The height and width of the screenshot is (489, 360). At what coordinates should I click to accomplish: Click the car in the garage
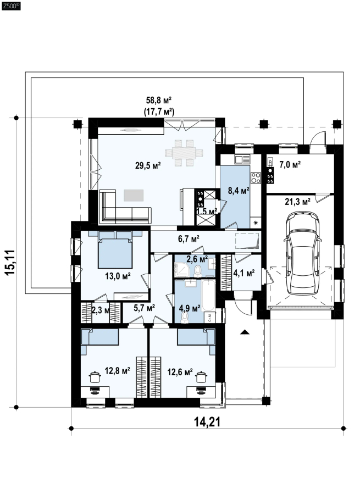click(x=302, y=253)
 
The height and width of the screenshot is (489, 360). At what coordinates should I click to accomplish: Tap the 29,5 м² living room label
click(x=148, y=165)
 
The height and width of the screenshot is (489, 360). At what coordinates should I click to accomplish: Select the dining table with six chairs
click(x=184, y=153)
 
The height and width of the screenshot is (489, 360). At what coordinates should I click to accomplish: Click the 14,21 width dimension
click(x=207, y=422)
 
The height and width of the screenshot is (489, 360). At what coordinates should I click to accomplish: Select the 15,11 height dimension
click(x=10, y=262)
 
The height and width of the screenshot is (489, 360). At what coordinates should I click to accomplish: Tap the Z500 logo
click(x=11, y=6)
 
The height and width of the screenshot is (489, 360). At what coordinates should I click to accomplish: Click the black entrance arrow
click(x=245, y=332)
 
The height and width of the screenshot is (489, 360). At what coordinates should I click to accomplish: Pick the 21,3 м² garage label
click(x=297, y=202)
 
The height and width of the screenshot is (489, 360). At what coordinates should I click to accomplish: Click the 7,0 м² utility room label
click(x=290, y=164)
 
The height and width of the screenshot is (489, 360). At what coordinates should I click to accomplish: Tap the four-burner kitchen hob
click(x=256, y=178)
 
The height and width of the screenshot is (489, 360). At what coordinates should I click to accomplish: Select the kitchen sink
click(x=242, y=160)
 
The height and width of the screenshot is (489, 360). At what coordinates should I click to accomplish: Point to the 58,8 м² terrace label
click(x=159, y=100)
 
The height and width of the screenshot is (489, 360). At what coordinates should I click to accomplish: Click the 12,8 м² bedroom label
click(x=117, y=371)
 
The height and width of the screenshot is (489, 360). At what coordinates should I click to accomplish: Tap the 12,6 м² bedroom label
click(x=180, y=372)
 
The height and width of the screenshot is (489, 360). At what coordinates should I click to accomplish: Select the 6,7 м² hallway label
click(x=189, y=239)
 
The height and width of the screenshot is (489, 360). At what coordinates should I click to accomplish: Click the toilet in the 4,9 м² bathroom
click(x=185, y=316)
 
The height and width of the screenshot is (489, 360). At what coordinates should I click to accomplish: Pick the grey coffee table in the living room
click(x=134, y=196)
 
